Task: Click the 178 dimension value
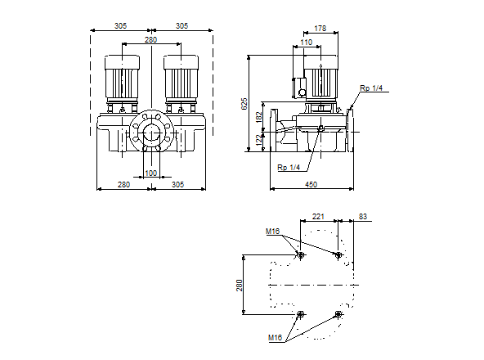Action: [320, 29]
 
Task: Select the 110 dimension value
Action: [307, 43]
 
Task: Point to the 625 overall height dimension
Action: [244, 104]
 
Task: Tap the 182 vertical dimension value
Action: [258, 117]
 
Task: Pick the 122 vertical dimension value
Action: [258, 139]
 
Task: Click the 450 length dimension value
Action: [311, 184]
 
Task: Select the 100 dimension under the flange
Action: [151, 173]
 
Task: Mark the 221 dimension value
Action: [318, 217]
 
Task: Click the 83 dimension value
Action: [363, 217]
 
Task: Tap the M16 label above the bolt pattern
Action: [272, 232]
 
